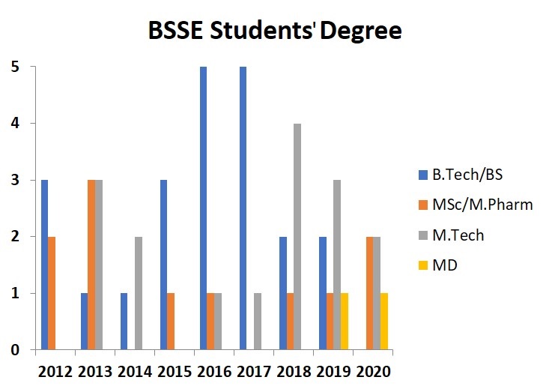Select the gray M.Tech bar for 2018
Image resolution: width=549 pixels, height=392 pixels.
click(x=297, y=236)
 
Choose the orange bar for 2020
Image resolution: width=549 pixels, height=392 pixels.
click(x=369, y=292)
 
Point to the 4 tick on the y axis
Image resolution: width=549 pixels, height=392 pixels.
click(x=14, y=123)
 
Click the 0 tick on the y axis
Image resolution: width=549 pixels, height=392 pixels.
click(x=14, y=349)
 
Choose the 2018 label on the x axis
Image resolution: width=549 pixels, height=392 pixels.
click(x=293, y=370)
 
